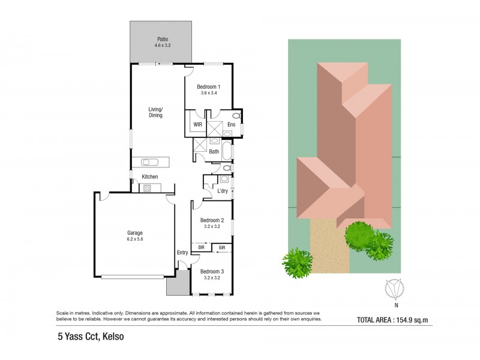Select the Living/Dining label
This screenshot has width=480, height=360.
tap(156, 112)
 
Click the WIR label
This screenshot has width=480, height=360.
tap(197, 124)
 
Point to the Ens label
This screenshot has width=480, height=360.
tap(231, 125)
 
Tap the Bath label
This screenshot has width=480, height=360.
tap(214, 152)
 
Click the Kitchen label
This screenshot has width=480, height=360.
tap(149, 176)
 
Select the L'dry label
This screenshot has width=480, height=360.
tap(223, 191)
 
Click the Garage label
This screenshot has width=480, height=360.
tap(134, 233)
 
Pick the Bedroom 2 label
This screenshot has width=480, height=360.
tap(212, 220)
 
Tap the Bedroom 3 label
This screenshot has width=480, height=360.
tap(212, 272)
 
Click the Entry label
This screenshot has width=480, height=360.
tap(182, 253)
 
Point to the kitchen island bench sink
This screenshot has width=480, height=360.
tap(149, 161)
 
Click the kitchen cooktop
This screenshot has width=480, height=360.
tap(146, 188)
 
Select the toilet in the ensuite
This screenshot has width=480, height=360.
tap(236, 116)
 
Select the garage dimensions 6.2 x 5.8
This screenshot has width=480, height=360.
tap(134, 239)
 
